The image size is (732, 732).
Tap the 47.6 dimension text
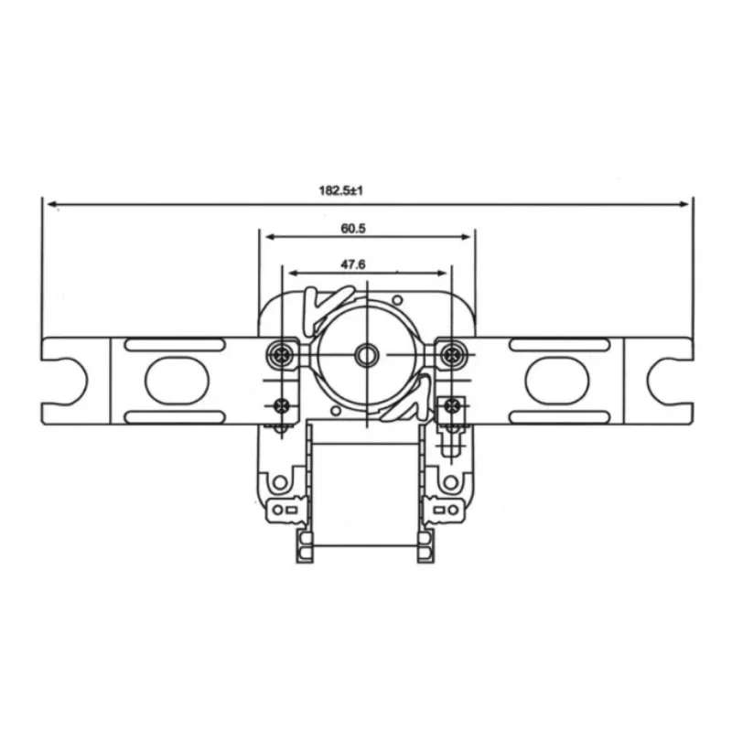pos(354,264)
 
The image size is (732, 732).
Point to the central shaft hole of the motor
pos(367,354)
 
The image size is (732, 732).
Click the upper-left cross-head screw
pos(283,354)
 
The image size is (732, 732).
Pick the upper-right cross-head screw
pos(450,354)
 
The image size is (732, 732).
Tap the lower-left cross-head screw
pos(282,405)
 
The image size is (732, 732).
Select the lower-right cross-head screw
pos(450,405)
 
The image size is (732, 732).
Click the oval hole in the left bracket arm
pos(172,380)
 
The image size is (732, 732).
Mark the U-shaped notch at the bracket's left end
pos(64,380)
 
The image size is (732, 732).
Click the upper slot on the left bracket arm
pos(174,344)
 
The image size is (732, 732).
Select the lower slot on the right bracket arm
pos(558,416)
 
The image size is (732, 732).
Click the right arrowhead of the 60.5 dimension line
pos(468,236)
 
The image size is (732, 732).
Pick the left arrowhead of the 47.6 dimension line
pos(292,273)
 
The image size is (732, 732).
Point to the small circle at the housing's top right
pos(396,299)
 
